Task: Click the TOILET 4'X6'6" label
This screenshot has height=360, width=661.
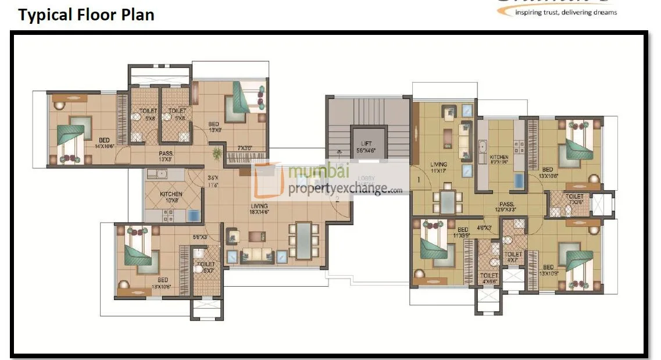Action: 489,279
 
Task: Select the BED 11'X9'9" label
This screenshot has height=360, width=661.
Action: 463,233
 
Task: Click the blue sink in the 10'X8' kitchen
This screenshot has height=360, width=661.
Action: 194,215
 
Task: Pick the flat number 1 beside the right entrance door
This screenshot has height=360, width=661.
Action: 418,180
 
